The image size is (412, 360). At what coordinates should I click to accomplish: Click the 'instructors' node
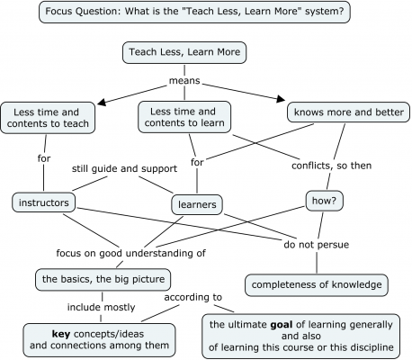[x=44, y=202]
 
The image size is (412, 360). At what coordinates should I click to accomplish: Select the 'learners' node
[x=195, y=205]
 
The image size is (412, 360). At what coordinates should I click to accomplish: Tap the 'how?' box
[x=321, y=200]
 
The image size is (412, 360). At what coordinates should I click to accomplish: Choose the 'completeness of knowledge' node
[x=318, y=284]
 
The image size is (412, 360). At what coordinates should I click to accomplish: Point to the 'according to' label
[x=193, y=296]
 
